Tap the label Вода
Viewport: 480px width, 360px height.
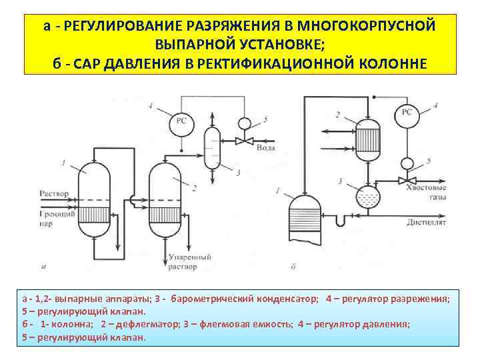(x=265, y=147)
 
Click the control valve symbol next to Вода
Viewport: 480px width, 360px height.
(x=246, y=142)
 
